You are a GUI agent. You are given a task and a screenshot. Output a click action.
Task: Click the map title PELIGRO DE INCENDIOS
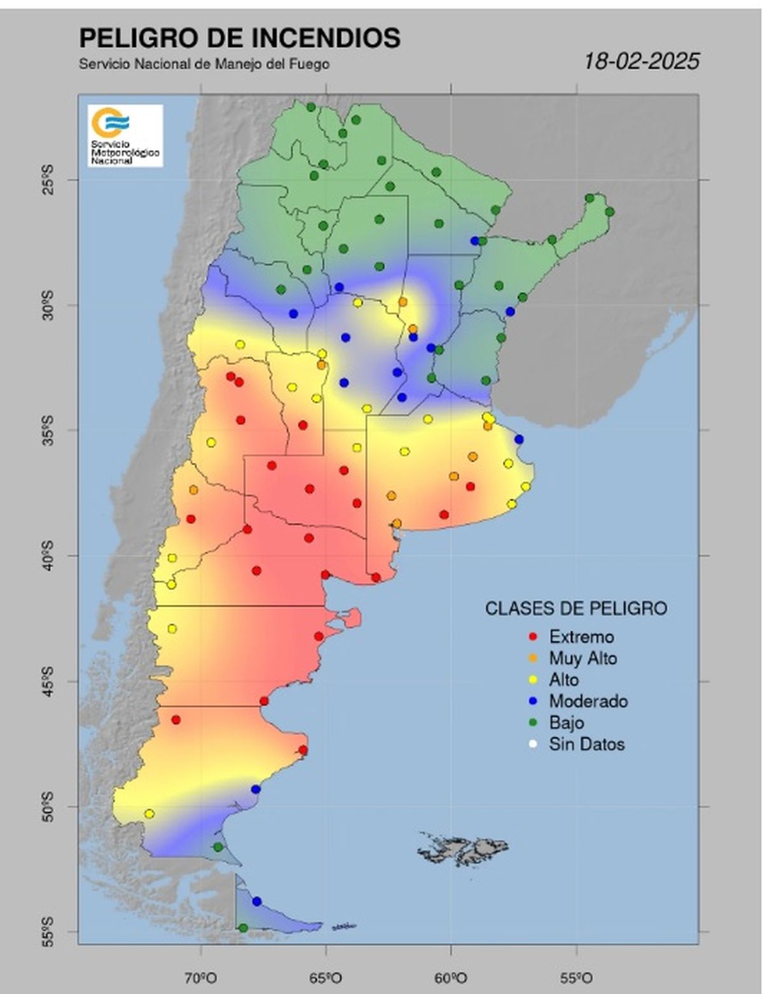coord(239,38)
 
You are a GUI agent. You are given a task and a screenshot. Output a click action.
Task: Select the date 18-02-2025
coord(642,62)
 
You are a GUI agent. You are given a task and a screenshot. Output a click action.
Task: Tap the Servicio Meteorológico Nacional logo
coord(125,135)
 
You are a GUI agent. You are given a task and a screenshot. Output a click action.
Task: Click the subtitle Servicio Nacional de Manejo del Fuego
coord(204,64)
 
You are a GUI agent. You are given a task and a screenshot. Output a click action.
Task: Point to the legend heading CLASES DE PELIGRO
coord(576,609)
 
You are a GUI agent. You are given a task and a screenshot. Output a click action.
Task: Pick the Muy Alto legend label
coord(583,658)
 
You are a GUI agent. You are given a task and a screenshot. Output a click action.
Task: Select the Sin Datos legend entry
coord(586,744)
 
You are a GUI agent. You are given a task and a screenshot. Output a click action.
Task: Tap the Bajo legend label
coord(567,723)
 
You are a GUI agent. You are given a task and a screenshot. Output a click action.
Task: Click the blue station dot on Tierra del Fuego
coord(257,901)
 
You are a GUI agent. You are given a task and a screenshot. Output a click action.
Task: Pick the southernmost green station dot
coord(243,928)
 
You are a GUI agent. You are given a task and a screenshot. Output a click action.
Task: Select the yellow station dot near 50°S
coord(149,813)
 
